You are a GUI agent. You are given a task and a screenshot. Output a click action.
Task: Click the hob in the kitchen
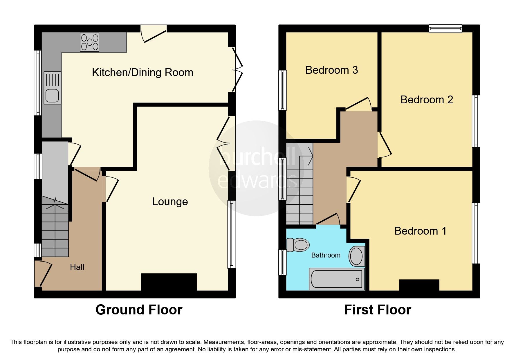pyautogui.click(x=90, y=42)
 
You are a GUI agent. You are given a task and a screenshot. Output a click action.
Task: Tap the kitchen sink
pyautogui.click(x=53, y=88)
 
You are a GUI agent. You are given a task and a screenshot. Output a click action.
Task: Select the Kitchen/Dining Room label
pyautogui.click(x=143, y=73)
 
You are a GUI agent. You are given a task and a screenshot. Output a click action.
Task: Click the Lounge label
pyautogui.click(x=170, y=202)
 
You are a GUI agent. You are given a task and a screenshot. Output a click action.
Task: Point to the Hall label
pyautogui.click(x=77, y=267)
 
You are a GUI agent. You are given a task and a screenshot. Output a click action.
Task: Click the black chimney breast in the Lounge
pyautogui.click(x=169, y=282)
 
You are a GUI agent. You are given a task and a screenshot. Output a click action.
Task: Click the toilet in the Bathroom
pyautogui.click(x=297, y=245)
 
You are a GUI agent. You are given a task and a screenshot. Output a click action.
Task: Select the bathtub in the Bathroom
pyautogui.click(x=337, y=279)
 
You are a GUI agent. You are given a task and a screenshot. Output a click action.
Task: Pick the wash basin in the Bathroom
pyautogui.click(x=357, y=256)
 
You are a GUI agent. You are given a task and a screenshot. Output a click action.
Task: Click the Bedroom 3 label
pyautogui.click(x=331, y=70)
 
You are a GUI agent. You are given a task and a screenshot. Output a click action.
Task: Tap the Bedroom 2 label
pyautogui.click(x=426, y=100)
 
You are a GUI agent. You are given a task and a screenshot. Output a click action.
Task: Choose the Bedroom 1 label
pyautogui.click(x=420, y=231)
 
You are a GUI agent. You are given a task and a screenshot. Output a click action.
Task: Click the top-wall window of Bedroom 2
pyautogui.click(x=445, y=28)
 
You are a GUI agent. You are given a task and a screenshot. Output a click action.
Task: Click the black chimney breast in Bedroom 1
pyautogui.click(x=419, y=285)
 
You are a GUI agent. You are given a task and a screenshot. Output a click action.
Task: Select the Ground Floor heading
pyautogui.click(x=139, y=310)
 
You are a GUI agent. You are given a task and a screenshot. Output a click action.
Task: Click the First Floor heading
pyautogui.click(x=377, y=310)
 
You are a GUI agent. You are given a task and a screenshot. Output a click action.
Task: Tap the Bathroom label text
pyautogui.click(x=326, y=255)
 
